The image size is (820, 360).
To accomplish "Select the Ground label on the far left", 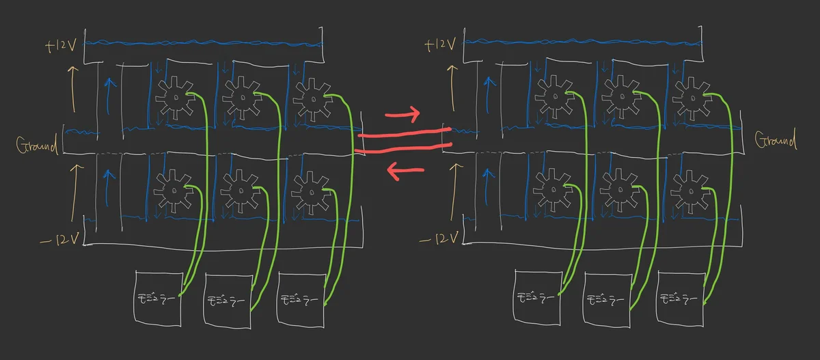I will [x=37, y=145].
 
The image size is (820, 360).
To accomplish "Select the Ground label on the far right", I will [x=776, y=141].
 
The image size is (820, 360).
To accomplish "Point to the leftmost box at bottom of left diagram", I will [x=158, y=298].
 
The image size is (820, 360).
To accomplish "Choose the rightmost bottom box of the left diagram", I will [x=300, y=299].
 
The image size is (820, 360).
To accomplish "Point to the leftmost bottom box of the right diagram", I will [x=537, y=298].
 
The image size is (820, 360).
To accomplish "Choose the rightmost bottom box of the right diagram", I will [x=680, y=299].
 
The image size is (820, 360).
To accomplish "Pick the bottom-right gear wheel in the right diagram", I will [x=692, y=189].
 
